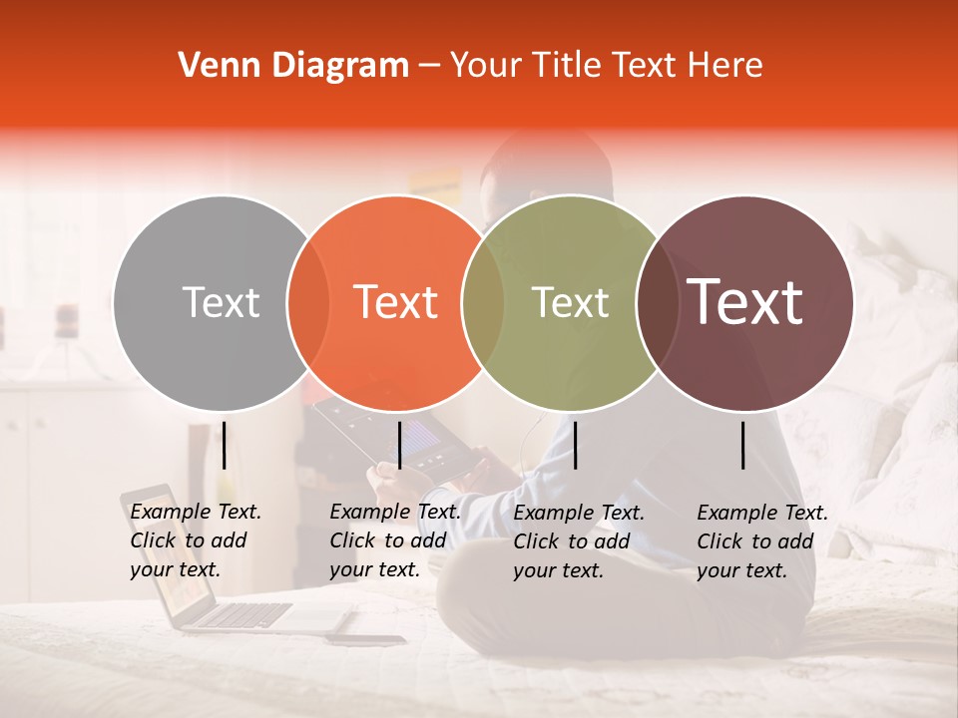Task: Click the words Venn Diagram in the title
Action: (293, 66)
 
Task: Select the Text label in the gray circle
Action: (221, 302)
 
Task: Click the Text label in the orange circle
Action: (396, 302)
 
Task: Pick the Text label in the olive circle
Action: (570, 302)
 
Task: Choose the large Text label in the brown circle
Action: (745, 302)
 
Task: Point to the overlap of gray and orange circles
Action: (308, 303)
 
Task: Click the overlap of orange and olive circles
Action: (483, 303)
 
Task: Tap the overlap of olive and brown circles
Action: (656, 303)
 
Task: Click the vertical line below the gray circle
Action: (225, 445)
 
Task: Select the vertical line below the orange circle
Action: (399, 445)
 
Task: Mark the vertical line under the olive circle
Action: (575, 445)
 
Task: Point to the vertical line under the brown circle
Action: (743, 445)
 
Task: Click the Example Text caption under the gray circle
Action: (195, 540)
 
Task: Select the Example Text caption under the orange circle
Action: (394, 540)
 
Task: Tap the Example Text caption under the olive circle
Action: (578, 541)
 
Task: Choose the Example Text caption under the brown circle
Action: (761, 541)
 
